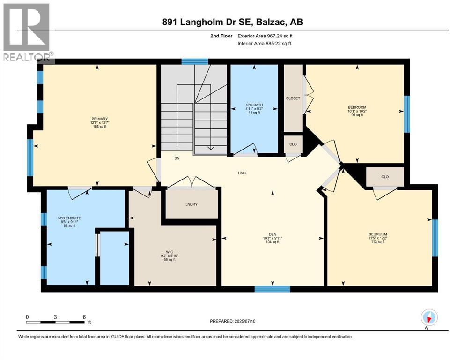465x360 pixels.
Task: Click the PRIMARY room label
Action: click(x=100, y=119)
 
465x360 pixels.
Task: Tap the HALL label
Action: click(x=242, y=173)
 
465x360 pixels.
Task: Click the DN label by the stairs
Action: click(x=177, y=158)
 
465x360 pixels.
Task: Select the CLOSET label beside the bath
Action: click(x=293, y=98)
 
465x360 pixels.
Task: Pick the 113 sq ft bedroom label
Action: click(x=377, y=234)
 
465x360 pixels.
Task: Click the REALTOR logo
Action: click(x=26, y=33)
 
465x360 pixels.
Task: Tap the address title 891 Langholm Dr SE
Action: click(x=232, y=22)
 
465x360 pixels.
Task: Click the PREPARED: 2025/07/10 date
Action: click(x=233, y=321)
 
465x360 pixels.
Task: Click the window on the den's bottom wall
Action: click(x=272, y=289)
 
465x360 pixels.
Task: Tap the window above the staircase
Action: click(x=195, y=61)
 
